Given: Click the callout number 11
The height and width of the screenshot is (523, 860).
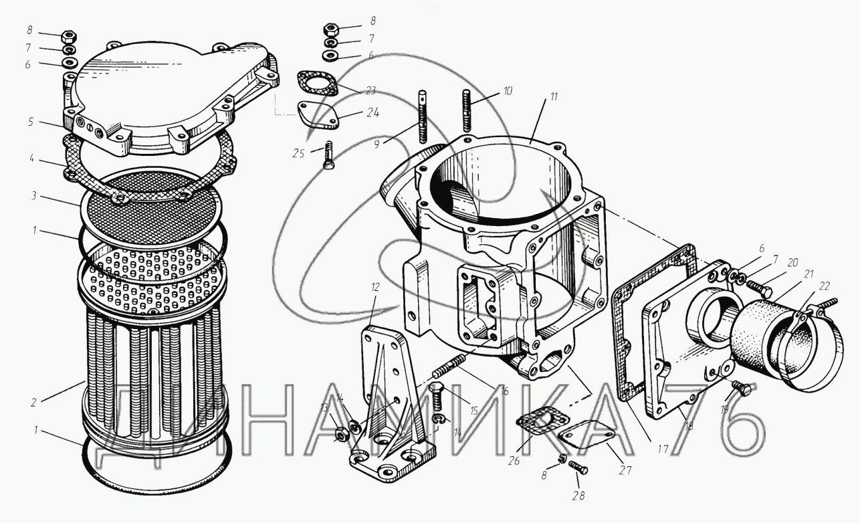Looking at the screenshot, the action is click(553, 96).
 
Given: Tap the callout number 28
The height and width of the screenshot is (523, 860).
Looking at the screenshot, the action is click(578, 496).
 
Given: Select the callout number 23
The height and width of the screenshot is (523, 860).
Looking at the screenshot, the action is click(370, 91).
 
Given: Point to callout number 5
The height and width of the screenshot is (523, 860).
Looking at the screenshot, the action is click(31, 122).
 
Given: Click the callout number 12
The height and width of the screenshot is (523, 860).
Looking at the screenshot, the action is click(375, 287).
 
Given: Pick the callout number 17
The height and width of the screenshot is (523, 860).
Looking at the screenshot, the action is click(663, 449).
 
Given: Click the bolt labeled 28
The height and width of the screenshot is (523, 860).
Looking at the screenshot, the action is click(577, 467).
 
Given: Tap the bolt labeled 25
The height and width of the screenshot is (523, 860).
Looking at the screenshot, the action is click(328, 155).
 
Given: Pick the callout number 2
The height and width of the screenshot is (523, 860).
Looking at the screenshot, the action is click(33, 402).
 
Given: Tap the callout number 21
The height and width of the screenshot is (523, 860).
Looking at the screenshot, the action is click(809, 274).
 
